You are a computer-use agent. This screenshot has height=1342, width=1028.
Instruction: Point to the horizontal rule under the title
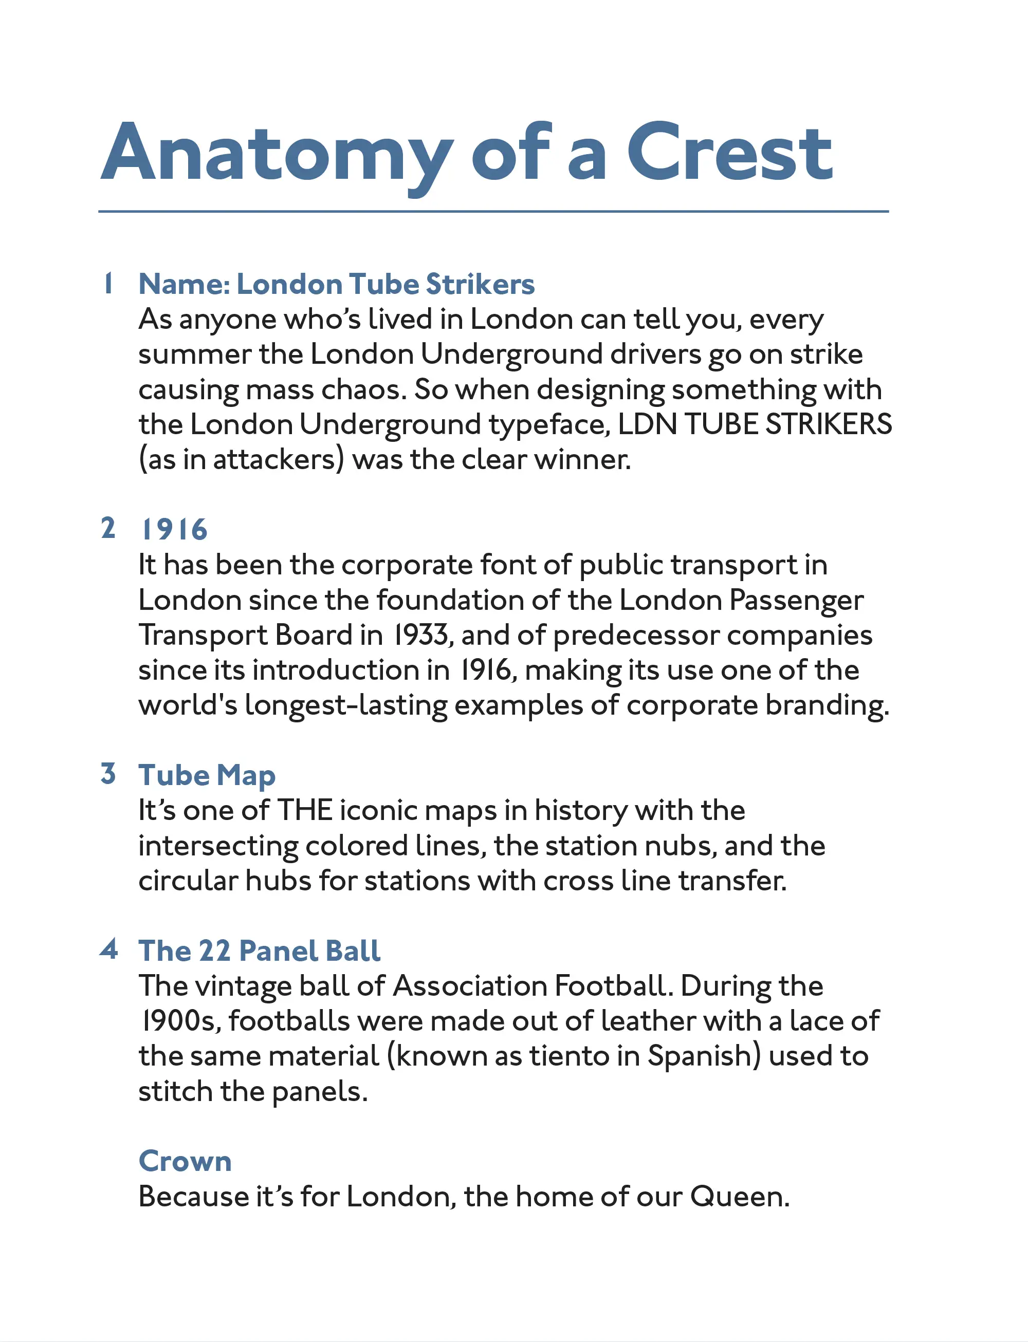click(493, 212)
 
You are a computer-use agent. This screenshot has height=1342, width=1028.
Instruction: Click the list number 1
click(108, 283)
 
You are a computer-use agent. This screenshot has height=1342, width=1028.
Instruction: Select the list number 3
click(108, 774)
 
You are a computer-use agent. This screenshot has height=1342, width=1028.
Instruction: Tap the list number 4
click(108, 949)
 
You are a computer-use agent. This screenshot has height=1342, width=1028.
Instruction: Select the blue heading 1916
click(174, 530)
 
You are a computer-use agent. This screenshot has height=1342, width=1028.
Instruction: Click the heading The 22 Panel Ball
click(260, 951)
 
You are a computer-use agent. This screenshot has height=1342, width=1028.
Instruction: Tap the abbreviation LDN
click(648, 424)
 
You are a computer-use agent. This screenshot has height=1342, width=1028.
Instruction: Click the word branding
click(826, 706)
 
